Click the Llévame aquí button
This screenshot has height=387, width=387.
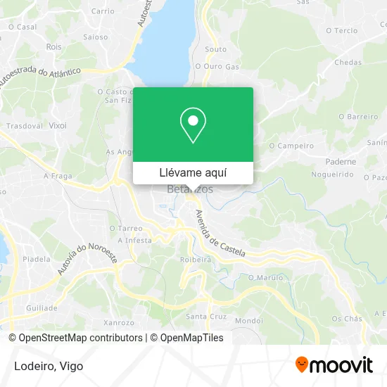[x=193, y=173]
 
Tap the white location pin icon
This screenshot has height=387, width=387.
[x=193, y=126]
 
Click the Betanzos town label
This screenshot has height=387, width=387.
[x=190, y=189]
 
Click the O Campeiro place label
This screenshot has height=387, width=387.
[x=291, y=146]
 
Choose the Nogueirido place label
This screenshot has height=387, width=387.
[x=331, y=172]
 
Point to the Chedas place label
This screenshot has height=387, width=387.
[x=348, y=62]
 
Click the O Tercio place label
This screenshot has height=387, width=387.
[x=342, y=31]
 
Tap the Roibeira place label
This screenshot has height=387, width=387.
[x=195, y=259]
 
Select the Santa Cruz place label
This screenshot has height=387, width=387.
[x=205, y=315]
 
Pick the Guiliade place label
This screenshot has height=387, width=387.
[x=42, y=308]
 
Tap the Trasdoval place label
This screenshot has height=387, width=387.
[x=25, y=125]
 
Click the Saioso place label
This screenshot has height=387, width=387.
[x=96, y=37]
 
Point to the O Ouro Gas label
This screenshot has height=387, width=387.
[x=217, y=66]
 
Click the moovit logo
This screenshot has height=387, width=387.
[x=334, y=365]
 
